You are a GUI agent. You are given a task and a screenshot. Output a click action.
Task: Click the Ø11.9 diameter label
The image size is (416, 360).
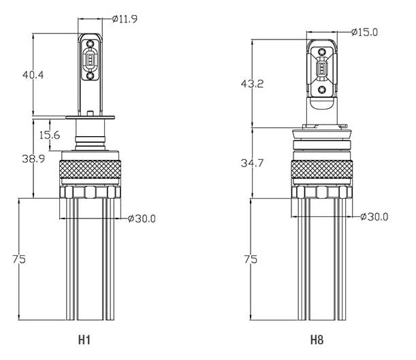pos(125,19)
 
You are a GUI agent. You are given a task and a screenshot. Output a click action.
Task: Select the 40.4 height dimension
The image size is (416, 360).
pos(33,75)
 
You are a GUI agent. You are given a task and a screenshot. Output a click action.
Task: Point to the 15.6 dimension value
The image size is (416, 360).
pos(50,135)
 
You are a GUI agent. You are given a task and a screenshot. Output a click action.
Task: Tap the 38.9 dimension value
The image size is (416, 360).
pos(33,159)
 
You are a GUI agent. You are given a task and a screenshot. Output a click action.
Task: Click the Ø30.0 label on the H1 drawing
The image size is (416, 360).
pos(142,218)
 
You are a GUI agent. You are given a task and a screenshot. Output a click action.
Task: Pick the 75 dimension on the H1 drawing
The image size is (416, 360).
pos(19,259)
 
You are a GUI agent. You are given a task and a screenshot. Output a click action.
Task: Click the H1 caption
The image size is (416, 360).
pos(84,340)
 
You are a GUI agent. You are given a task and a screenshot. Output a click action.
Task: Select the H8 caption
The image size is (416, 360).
pos(317,340)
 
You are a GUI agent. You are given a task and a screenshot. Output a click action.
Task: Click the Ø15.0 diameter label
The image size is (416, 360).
pos(364,33)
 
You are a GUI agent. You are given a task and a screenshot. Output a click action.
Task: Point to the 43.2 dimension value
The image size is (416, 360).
pos(252,84)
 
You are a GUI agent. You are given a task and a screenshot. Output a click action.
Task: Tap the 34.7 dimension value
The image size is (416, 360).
pos(252,163)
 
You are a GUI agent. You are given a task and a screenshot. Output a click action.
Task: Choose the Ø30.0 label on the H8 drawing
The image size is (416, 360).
pos(374,217)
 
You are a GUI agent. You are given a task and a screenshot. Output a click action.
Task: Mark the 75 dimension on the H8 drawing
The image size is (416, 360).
pos(251,259)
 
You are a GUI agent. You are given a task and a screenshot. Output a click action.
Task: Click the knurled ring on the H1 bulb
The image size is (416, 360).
pos(90,169)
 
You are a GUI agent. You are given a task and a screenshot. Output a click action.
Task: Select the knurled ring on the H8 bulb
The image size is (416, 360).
pos(322,169)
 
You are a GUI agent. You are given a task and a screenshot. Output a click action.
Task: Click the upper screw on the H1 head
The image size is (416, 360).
pos(91,43)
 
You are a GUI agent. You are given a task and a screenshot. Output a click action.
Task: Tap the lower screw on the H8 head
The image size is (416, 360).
pos(322,90)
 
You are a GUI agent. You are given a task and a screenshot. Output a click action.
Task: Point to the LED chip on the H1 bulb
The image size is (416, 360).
pos(91,60)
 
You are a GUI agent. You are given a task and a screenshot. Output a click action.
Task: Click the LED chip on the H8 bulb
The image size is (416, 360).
pos(322,68)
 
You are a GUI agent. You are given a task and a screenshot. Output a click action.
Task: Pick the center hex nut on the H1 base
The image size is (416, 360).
pos(90,192)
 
